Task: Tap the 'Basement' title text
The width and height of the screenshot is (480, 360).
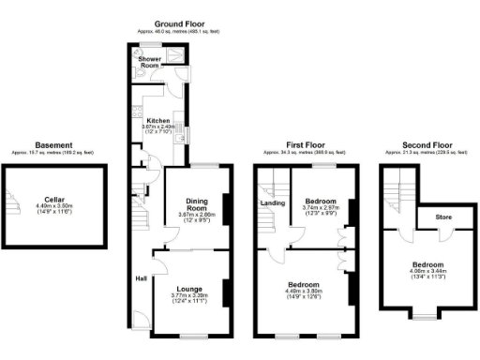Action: (54, 145)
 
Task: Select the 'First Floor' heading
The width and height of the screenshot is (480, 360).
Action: (305, 145)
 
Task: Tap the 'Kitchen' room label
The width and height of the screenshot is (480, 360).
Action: (157, 121)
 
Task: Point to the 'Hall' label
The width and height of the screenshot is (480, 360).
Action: (140, 277)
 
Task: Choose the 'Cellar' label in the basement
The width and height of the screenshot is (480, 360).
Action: (55, 201)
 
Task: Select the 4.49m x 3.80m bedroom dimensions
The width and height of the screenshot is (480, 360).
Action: (303, 291)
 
